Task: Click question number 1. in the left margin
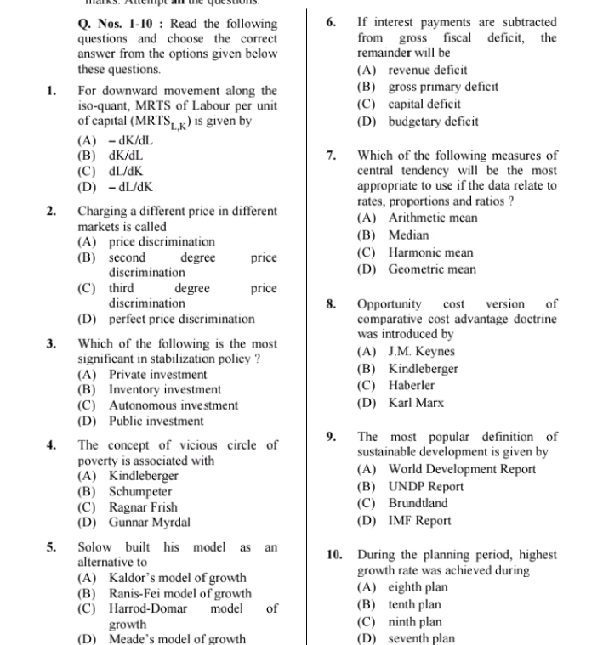(x=51, y=90)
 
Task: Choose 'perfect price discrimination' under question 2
(x=181, y=320)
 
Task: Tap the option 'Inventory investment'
(x=164, y=390)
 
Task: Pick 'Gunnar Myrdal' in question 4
(x=149, y=523)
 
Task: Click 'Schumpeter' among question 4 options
(x=140, y=492)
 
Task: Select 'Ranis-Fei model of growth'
(x=179, y=593)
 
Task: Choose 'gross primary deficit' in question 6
(x=443, y=87)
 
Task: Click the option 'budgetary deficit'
(x=433, y=121)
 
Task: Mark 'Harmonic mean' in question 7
(x=430, y=252)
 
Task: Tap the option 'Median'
(x=408, y=235)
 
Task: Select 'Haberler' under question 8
(x=412, y=385)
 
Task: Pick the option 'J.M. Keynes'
(x=421, y=351)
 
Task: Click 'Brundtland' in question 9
(x=418, y=503)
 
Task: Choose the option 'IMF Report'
(x=419, y=520)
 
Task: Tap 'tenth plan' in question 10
(x=414, y=604)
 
